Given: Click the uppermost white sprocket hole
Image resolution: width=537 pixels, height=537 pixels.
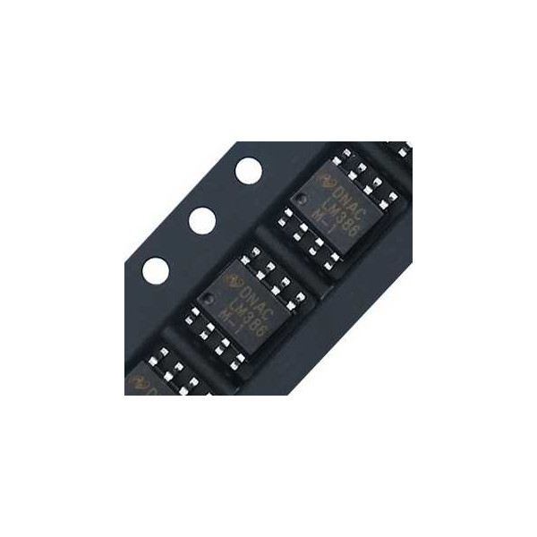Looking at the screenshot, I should coord(248,170).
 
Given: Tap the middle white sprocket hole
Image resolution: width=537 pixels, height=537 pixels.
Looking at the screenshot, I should coord(202,220).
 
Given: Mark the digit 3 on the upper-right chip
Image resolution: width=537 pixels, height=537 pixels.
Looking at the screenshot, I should coord(333,210).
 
